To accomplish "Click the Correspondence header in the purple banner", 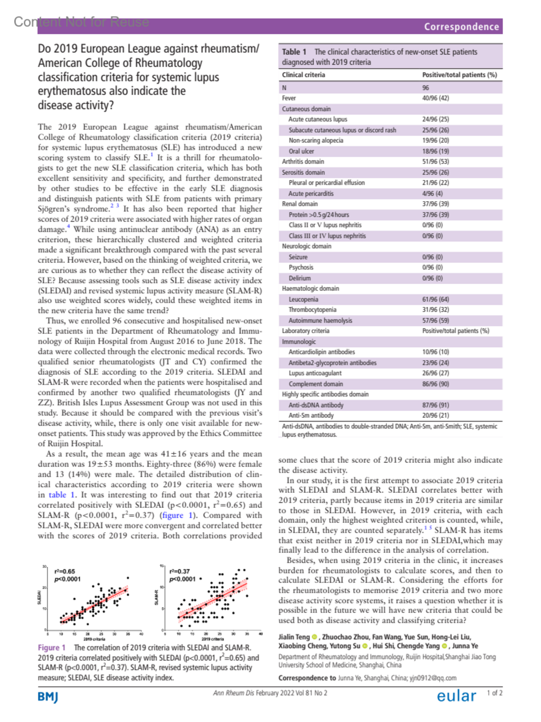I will [461, 27].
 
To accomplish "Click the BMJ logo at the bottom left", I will [48, 697].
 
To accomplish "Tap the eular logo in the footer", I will [456, 696].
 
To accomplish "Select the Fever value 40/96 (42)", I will [435, 98].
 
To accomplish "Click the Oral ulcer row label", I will [301, 151].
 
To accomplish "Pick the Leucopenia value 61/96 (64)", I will [435, 299].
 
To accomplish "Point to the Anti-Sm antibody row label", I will [311, 415].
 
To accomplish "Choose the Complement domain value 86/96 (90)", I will [435, 384].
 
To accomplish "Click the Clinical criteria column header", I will [303, 75].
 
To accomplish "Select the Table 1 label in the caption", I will [294, 52].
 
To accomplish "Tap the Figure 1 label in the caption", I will [51, 648].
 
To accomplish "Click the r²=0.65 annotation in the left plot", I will [64, 571].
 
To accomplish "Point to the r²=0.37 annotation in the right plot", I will [179, 571].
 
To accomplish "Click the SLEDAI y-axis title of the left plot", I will [39, 598].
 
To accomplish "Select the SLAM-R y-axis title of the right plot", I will [156, 598].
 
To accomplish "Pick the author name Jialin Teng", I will [294, 637].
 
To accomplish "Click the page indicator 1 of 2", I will [494, 693].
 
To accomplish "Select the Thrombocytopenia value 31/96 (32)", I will [435, 310].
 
